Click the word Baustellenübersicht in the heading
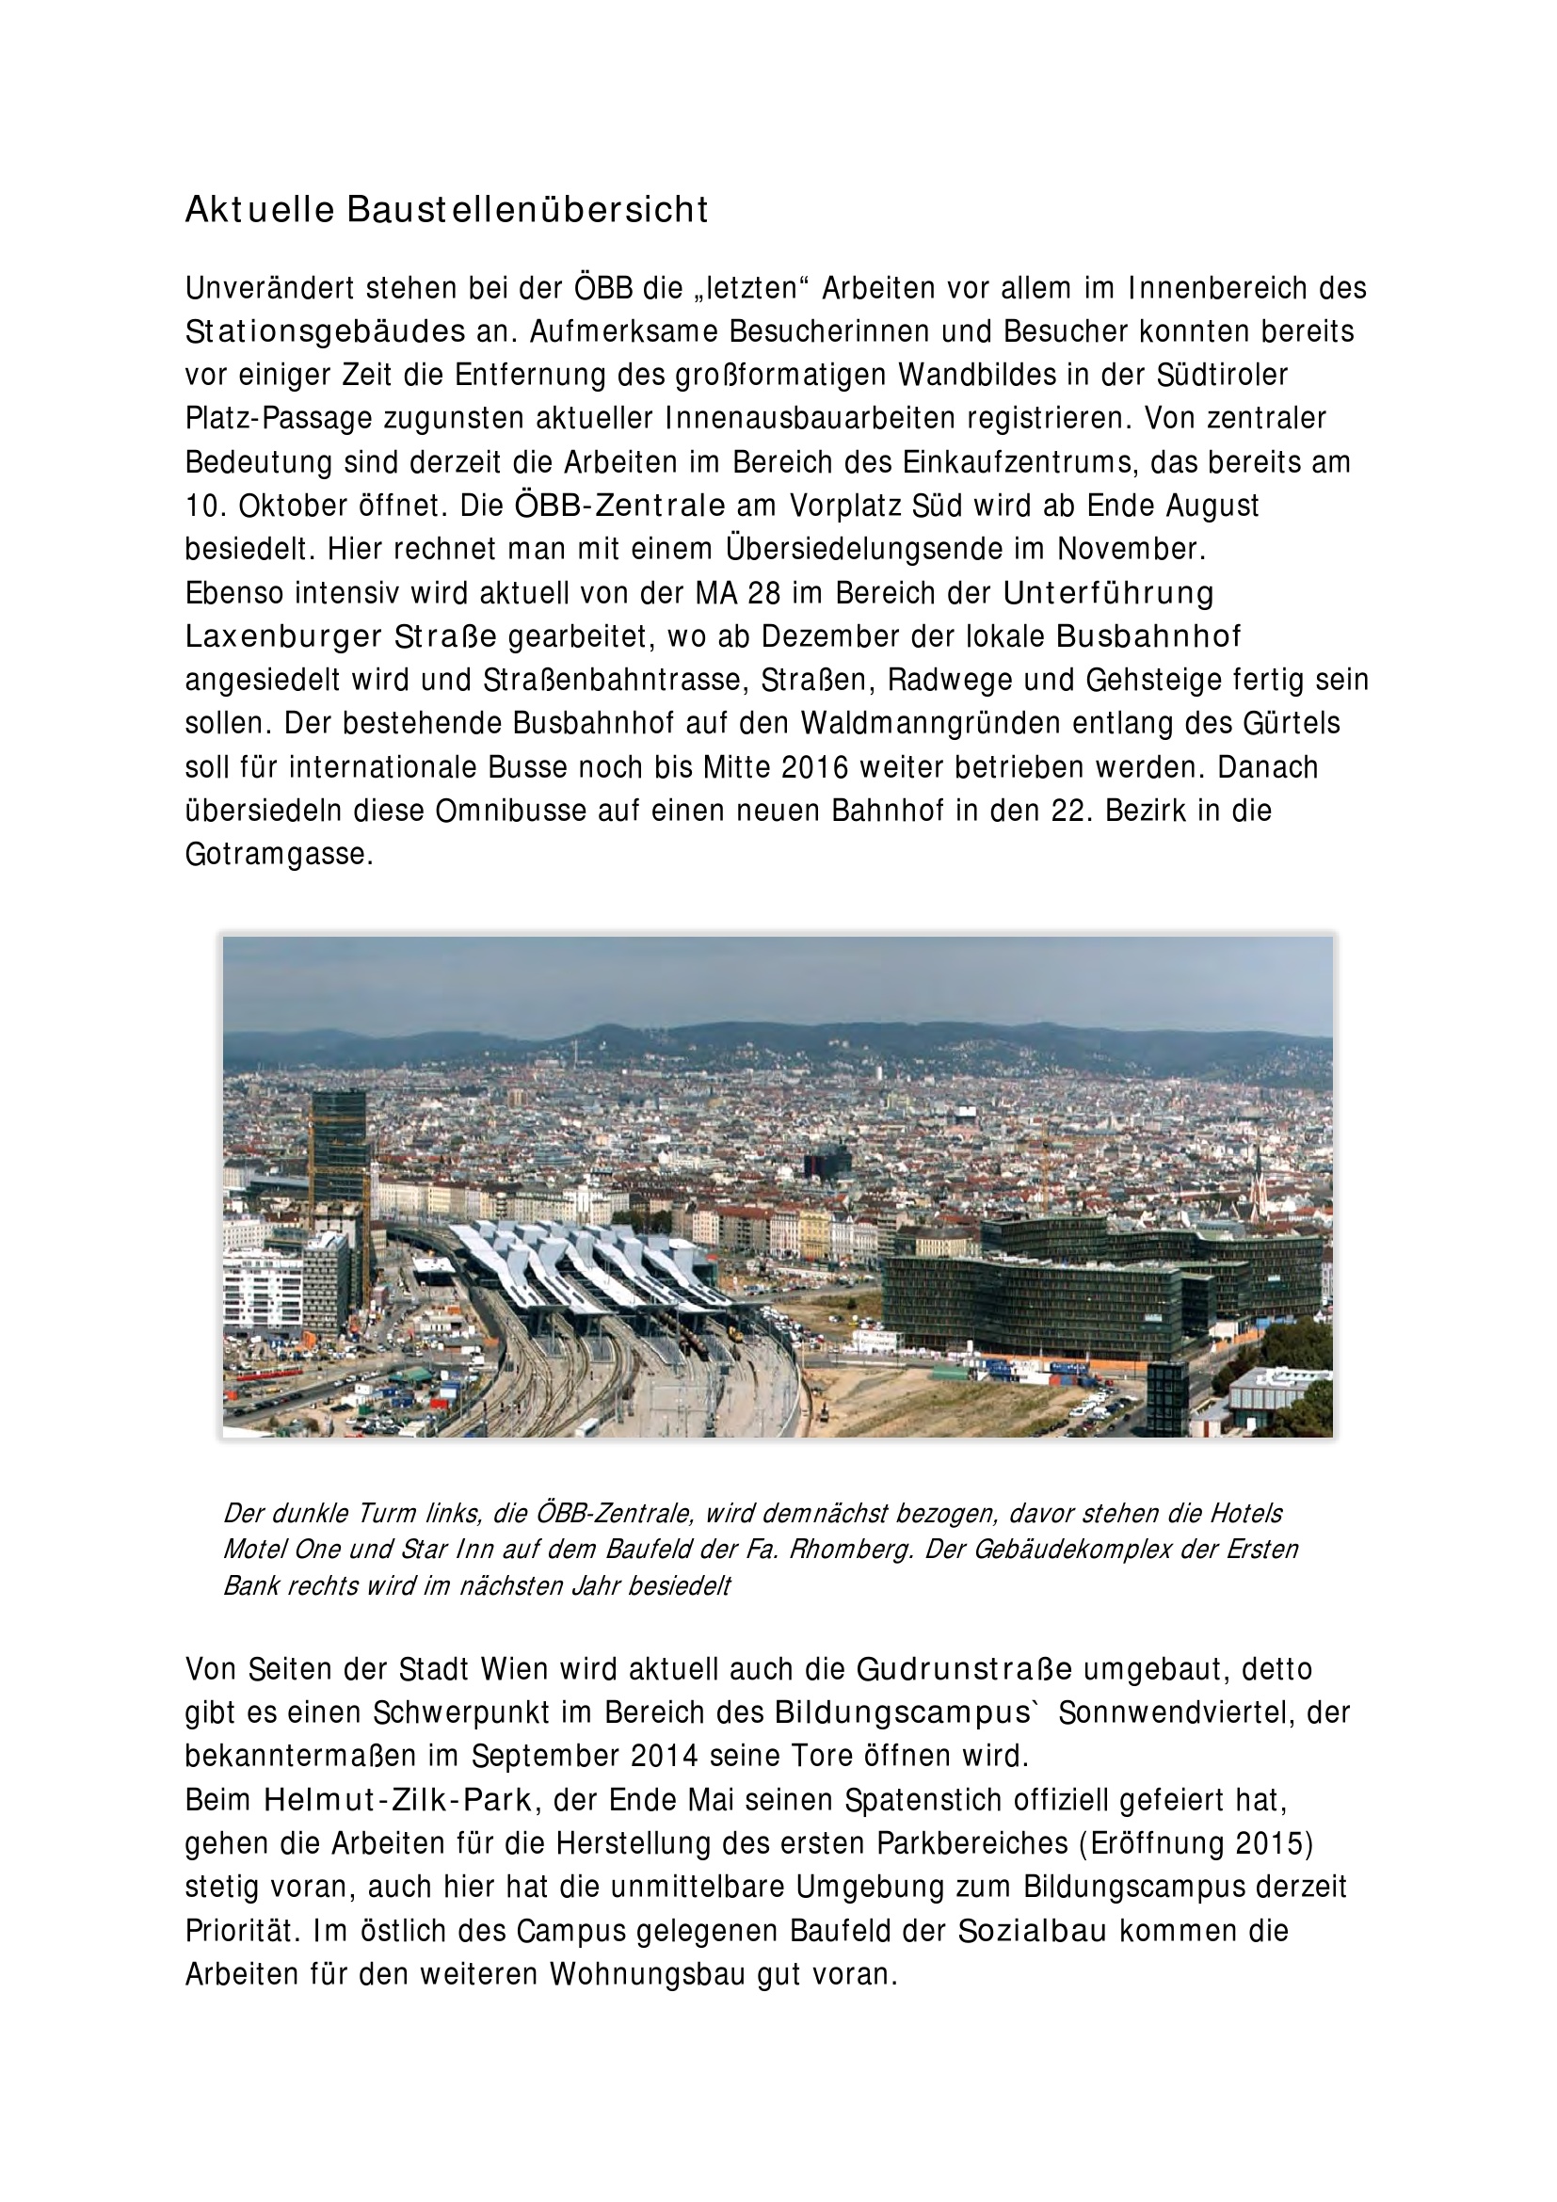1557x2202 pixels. point(527,210)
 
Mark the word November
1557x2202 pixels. point(1131,550)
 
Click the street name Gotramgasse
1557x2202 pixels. point(278,855)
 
